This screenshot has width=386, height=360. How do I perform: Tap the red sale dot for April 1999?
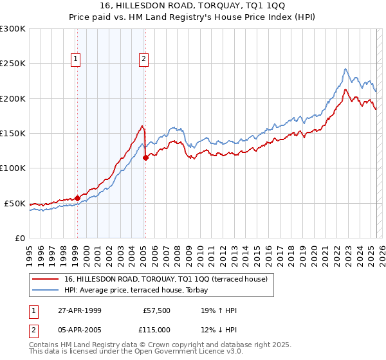(x=77, y=198)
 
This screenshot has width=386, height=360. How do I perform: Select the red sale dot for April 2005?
(x=145, y=157)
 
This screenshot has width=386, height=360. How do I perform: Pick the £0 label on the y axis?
(x=19, y=238)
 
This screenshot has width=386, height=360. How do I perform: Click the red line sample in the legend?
(x=46, y=279)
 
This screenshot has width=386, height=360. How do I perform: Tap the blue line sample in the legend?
(x=46, y=290)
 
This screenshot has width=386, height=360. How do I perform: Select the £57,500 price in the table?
(x=156, y=310)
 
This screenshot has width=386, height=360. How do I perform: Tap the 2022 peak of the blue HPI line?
(x=345, y=69)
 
